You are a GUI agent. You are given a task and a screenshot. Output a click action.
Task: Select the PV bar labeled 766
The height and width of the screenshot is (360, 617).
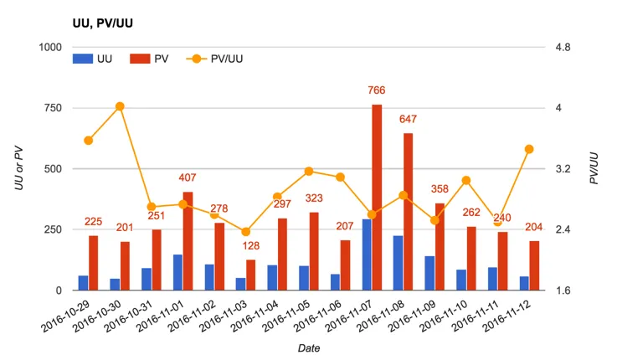(377, 198)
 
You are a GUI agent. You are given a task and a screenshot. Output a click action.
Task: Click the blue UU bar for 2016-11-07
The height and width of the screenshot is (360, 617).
(367, 255)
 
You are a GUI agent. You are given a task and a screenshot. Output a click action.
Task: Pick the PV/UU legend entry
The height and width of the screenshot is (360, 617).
(219, 59)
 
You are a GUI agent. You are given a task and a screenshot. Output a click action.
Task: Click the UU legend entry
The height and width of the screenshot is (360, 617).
(94, 59)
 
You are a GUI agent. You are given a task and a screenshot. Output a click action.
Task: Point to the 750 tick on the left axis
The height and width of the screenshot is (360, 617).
(51, 108)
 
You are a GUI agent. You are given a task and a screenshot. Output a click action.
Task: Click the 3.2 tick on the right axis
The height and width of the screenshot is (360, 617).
(563, 169)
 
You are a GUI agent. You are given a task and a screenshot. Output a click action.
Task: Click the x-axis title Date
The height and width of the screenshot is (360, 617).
(308, 347)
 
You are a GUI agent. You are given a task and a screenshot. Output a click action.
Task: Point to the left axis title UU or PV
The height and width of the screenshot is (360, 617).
(18, 168)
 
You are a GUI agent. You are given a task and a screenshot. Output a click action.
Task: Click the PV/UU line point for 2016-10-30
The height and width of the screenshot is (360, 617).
(120, 106)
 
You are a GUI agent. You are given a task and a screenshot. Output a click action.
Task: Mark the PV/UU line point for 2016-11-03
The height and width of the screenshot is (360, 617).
(245, 232)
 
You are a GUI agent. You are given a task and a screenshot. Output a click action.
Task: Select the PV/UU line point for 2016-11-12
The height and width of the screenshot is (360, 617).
(529, 149)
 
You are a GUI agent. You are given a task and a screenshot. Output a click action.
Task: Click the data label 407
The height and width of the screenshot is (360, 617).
(188, 177)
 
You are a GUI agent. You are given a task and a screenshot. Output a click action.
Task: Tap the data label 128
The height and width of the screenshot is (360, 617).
(251, 246)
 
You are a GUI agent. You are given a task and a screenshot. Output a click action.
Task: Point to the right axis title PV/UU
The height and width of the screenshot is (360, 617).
(594, 168)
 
